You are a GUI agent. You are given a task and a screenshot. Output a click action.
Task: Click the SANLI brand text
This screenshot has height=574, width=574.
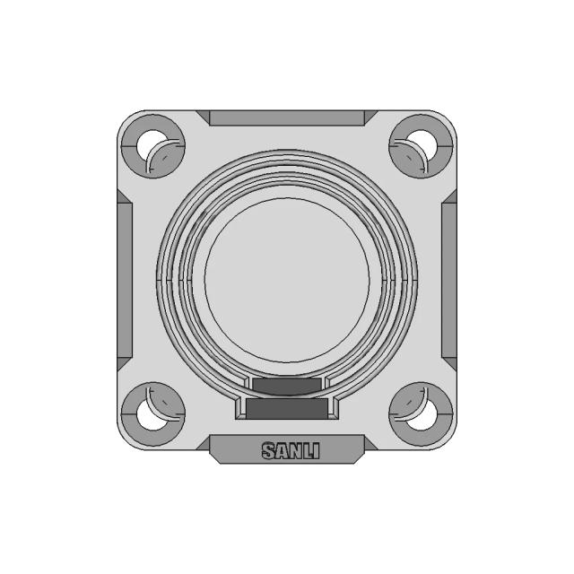pyautogui.click(x=286, y=450)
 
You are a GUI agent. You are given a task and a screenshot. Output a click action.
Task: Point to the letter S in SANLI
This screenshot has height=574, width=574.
pyautogui.click(x=267, y=450)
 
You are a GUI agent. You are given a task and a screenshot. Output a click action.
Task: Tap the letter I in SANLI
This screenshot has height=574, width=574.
pyautogui.click(x=311, y=450)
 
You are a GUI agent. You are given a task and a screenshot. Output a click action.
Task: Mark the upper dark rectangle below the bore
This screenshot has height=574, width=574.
pyautogui.click(x=287, y=387)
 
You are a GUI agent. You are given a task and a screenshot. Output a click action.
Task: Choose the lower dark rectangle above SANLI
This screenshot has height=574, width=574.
pyautogui.click(x=287, y=410)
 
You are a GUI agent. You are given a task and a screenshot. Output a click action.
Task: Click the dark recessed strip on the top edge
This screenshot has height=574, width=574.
pyautogui.click(x=286, y=117)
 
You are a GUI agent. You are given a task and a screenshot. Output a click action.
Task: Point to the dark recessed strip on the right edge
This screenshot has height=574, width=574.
pyautogui.click(x=449, y=278)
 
